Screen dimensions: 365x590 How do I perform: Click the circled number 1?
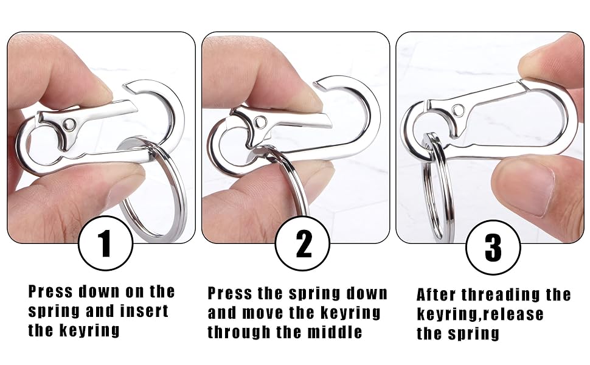(105, 245)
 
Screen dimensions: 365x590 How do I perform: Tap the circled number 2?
(303, 245)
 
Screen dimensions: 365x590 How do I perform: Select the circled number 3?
(493, 248)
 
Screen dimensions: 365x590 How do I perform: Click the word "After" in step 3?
(436, 295)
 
